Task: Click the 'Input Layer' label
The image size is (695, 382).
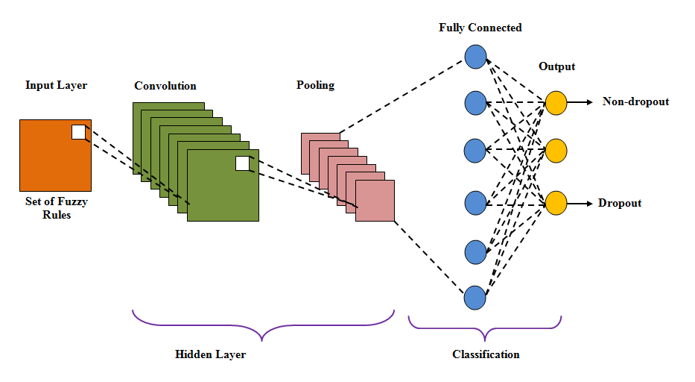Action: coord(56,85)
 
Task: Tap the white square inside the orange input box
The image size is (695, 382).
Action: coord(78,132)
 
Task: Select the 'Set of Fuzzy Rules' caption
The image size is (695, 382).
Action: coord(56,209)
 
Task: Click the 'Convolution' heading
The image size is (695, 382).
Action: coord(165,86)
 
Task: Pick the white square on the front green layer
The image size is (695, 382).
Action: coord(242,163)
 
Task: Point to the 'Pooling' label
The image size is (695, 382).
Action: coord(315,85)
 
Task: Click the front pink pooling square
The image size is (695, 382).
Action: coord(375,201)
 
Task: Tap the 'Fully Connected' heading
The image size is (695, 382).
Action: coord(480,28)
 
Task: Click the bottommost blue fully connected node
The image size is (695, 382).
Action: coord(475,298)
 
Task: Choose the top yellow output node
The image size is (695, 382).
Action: coord(556,102)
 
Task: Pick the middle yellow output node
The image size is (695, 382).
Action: coord(556,150)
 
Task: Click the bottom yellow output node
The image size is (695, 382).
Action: coord(556,203)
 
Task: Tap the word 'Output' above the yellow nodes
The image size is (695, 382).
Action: coord(557,66)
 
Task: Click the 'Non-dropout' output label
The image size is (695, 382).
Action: coord(635,101)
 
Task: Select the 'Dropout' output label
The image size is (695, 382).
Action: coord(620,203)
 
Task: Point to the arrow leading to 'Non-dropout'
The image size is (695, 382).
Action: coord(581,102)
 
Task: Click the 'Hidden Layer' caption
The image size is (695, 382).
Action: coord(210,354)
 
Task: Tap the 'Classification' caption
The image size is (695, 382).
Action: coord(486,354)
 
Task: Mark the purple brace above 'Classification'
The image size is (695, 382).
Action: coord(485,326)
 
